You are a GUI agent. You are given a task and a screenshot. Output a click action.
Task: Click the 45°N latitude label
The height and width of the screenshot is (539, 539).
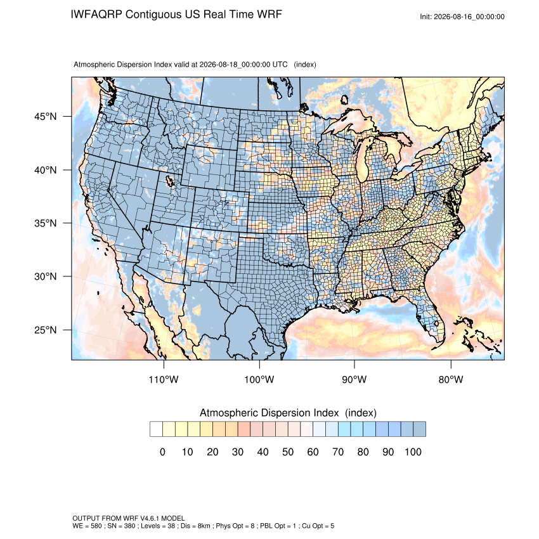click(46, 117)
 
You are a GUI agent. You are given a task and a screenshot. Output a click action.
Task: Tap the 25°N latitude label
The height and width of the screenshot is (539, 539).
click(46, 330)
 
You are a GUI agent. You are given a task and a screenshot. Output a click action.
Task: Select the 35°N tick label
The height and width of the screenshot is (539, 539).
click(46, 223)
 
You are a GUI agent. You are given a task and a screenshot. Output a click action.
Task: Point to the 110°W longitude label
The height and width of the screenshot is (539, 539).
click(164, 379)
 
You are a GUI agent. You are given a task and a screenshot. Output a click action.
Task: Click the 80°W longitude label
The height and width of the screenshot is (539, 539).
click(451, 379)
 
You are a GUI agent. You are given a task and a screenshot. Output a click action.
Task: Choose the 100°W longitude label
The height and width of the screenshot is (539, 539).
click(259, 379)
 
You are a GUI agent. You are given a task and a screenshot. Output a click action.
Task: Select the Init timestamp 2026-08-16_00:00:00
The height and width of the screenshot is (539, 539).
click(469, 17)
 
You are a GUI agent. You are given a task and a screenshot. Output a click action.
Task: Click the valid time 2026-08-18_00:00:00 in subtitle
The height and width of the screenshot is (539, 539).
click(235, 65)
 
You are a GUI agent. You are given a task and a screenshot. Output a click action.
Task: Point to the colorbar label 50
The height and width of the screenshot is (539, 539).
click(288, 451)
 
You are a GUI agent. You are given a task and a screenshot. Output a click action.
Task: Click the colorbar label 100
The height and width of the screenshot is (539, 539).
click(413, 451)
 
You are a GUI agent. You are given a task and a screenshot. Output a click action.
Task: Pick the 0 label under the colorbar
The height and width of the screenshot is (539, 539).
click(162, 451)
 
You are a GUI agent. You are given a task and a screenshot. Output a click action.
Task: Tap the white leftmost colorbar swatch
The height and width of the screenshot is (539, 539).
click(157, 429)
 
